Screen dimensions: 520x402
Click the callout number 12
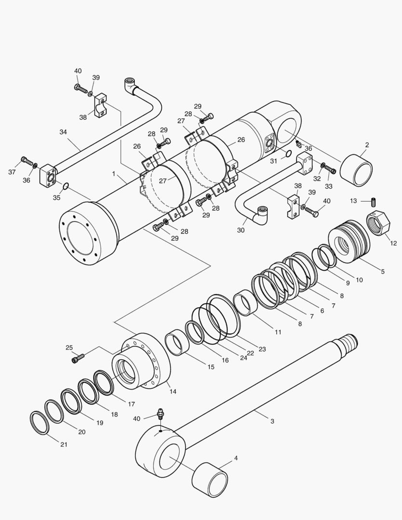coord(393,244)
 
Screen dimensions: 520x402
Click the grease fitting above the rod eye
coord(160,415)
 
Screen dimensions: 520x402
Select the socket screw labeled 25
coord(78,358)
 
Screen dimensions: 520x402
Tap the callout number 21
coord(64,444)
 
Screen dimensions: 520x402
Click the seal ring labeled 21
coord(39,422)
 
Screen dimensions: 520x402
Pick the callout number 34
coord(64,132)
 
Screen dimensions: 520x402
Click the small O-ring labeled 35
coord(66,185)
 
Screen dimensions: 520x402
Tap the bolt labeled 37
coord(26,160)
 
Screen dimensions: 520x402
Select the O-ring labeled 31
coord(287,154)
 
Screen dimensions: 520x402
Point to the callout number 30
coord(241,230)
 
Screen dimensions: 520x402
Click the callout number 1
coord(114,173)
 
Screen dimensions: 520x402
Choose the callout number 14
coord(172,391)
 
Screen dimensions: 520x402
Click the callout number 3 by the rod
coord(272,421)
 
